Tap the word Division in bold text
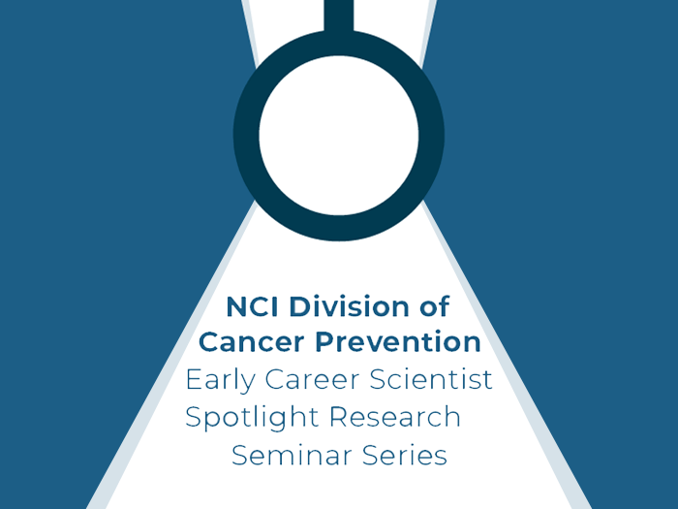pos(349,306)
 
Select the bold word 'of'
pos(434,306)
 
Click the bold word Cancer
pos(252,342)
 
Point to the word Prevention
pos(398,342)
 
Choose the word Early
pos(220,381)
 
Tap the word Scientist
pos(431,379)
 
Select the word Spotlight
pos(252,418)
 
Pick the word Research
pos(395,417)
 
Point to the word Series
pos(404,455)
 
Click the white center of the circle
pos(339,135)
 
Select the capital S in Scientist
pos(379,380)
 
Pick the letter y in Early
pos(247,384)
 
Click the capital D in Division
pos(299,306)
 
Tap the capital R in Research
pos(338,417)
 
